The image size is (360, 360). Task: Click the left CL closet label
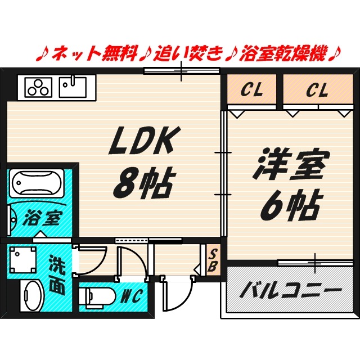[x=251, y=89]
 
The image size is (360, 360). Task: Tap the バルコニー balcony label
[x=291, y=292]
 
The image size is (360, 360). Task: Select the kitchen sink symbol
[x=72, y=87]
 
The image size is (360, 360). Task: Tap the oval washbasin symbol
[x=32, y=295]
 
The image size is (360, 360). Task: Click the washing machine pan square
[x=22, y=260]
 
